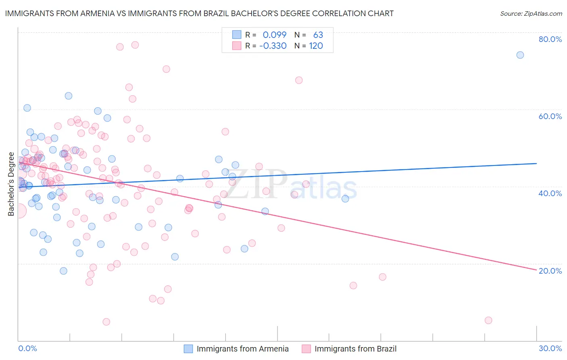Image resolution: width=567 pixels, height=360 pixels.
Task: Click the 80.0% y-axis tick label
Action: coord(550,39)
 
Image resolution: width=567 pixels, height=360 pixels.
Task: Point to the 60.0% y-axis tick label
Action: coord(550,116)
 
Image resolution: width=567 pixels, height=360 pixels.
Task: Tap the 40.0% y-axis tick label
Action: coord(550,193)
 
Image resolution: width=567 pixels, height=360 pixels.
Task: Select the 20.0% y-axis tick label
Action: coord(550,271)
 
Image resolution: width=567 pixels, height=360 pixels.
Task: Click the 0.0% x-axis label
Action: coord(27,348)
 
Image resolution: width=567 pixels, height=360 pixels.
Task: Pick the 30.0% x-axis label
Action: coord(550,348)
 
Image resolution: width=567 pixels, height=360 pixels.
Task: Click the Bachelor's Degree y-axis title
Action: coord(11,184)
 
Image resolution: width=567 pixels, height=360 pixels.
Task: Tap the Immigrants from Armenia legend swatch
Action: coord(188,349)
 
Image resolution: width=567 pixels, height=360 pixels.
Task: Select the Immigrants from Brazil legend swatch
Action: coord(306,349)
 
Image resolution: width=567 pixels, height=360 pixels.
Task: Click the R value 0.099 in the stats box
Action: coord(274,35)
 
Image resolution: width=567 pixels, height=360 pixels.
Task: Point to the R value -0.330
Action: coord(273,46)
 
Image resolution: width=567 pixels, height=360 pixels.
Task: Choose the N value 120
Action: coord(316,46)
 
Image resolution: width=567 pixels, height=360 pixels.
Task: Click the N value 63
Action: coord(318,35)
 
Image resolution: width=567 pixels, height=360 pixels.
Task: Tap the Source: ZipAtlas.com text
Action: coord(531,13)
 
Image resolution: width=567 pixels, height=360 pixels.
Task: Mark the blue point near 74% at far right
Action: coord(520,55)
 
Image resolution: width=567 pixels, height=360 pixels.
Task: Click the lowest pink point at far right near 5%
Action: coord(488,320)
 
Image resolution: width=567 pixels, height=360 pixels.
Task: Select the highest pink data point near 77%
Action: coord(135,45)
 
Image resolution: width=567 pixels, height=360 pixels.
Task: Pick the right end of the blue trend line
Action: coord(536,163)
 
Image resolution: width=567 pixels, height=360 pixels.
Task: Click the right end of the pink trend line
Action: coord(536,269)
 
